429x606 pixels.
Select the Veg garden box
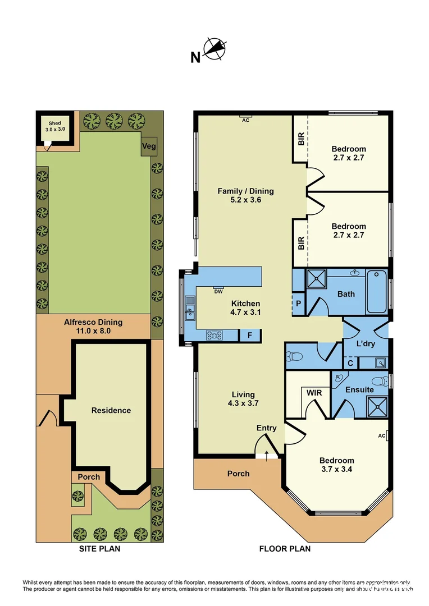[x=149, y=146]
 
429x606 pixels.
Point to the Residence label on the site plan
[x=111, y=410]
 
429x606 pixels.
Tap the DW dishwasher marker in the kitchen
[x=218, y=291]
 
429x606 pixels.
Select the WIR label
[x=314, y=393]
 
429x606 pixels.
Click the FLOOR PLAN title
[x=285, y=549]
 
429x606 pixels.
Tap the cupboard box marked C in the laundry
[x=350, y=363]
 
